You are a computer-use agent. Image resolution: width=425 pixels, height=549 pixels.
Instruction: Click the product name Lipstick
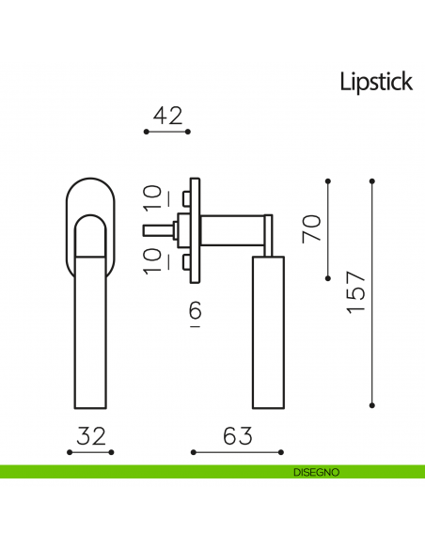click(x=375, y=83)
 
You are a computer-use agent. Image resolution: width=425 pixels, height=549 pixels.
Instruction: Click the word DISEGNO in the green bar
click(x=308, y=472)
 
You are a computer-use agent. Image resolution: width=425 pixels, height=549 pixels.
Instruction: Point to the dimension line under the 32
click(x=92, y=452)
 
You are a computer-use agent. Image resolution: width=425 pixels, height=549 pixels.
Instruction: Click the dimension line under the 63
click(x=224, y=452)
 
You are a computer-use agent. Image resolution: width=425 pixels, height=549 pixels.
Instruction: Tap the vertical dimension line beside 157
click(x=373, y=292)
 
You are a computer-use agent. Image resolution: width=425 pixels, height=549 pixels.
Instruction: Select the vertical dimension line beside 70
click(x=327, y=228)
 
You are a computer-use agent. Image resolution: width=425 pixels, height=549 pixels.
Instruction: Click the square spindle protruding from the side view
click(x=153, y=229)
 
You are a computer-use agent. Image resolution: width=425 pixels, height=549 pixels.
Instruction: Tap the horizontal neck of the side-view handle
click(x=233, y=228)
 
